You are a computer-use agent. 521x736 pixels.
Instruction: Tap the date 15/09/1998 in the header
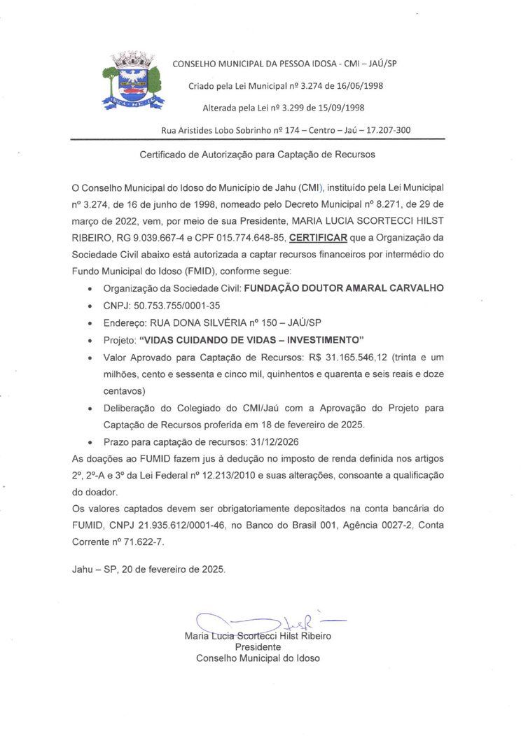point(345,108)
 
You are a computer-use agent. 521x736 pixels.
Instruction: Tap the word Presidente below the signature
point(258,647)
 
